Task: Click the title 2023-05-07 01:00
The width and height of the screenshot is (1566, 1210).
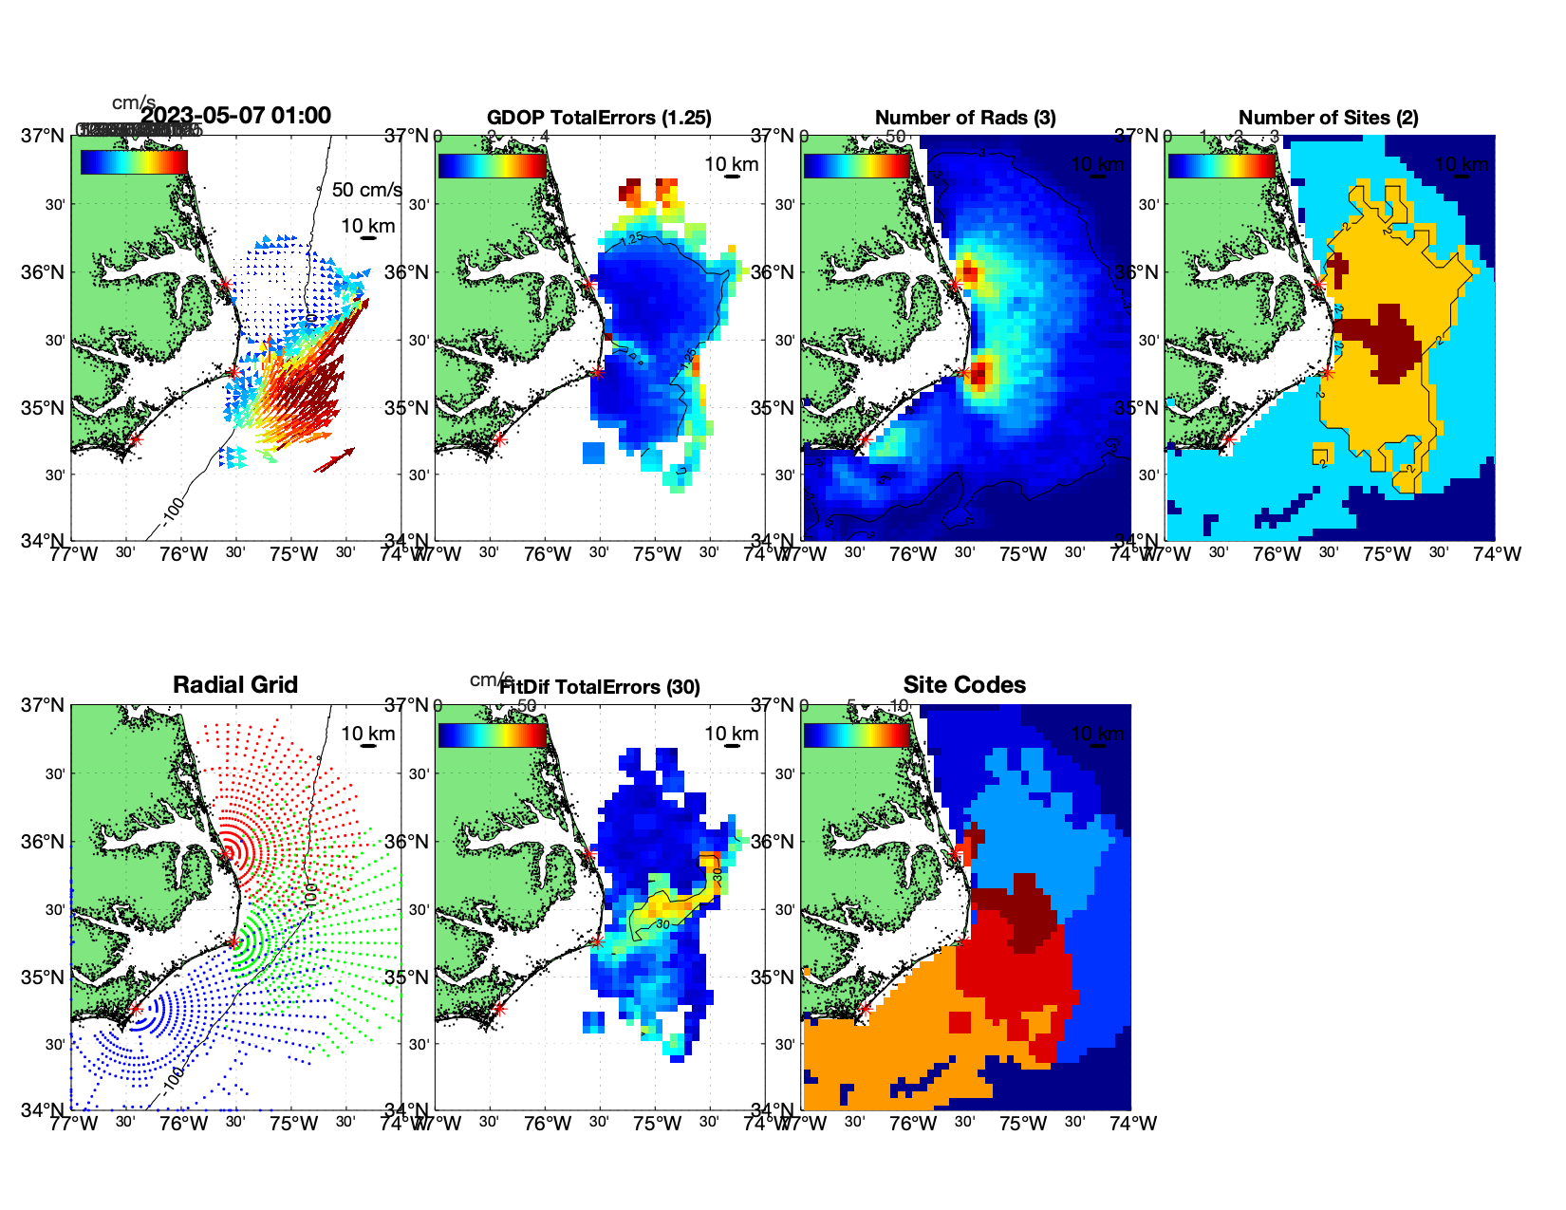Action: (x=236, y=116)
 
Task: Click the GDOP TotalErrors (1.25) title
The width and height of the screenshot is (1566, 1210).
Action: (x=599, y=118)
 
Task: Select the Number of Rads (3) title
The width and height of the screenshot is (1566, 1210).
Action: (x=965, y=118)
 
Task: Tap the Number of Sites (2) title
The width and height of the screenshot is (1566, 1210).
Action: (x=1328, y=118)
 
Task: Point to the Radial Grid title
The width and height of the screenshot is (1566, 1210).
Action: (x=235, y=685)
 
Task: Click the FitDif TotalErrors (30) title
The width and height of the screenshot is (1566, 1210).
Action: (x=600, y=687)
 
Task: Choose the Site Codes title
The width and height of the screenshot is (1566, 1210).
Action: (x=964, y=685)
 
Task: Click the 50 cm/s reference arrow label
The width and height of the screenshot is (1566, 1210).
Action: (x=366, y=190)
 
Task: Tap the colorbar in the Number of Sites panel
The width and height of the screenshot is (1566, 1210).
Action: (x=1221, y=165)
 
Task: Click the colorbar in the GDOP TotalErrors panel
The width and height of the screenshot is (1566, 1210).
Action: (x=493, y=165)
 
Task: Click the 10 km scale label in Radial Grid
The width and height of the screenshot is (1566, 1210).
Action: (x=367, y=733)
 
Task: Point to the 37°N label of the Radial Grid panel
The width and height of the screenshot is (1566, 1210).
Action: (x=44, y=705)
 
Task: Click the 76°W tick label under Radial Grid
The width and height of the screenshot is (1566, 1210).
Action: (x=183, y=1124)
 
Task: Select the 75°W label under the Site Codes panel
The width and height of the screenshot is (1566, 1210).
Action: (x=1023, y=1124)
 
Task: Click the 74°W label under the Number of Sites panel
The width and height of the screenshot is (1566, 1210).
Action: (x=1497, y=554)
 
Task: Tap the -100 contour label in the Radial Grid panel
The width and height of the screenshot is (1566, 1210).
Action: (x=172, y=1079)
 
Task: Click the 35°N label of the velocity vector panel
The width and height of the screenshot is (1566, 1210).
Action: (x=44, y=408)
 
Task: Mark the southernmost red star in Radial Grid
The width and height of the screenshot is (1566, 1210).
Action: (x=136, y=1009)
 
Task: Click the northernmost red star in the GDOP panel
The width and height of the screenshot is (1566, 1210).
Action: (x=588, y=284)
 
